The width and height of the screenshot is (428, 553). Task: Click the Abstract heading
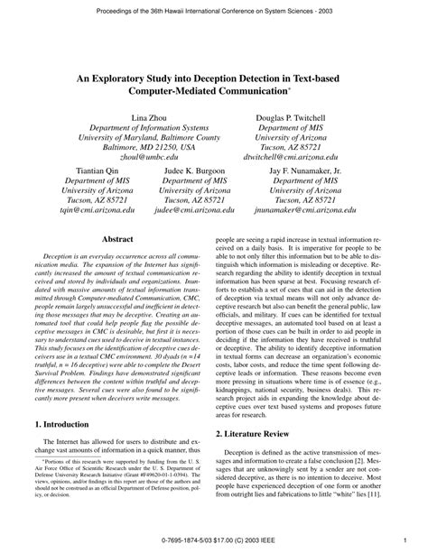click(117, 240)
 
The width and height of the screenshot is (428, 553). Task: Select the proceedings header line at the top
click(214, 9)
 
